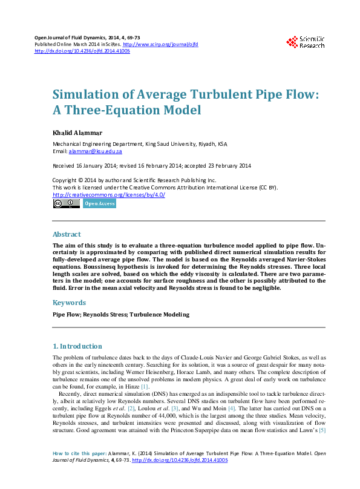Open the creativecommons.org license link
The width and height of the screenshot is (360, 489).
click(109, 194)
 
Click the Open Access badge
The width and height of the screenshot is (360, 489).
click(99, 204)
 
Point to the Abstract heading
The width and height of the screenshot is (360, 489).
click(67, 234)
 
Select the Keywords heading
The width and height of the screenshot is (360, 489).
click(69, 302)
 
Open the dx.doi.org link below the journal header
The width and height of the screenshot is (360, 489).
click(82, 51)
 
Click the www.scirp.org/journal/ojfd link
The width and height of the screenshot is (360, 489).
click(160, 45)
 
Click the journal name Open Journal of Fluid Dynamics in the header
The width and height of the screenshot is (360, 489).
click(67, 38)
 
